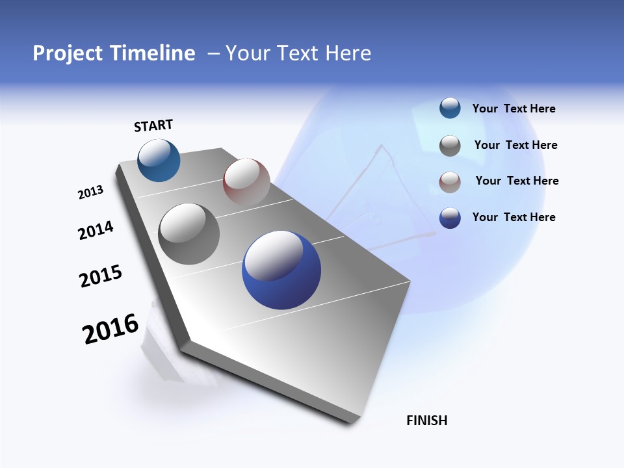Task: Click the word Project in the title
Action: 68,53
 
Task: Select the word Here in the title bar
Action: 348,53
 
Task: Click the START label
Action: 153,125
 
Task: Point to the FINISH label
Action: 427,421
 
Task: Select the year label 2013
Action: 90,192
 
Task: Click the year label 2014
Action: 96,231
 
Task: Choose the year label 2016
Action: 110,330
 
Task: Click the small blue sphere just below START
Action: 159,161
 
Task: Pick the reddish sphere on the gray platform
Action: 246,181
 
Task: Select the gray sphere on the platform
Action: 189,234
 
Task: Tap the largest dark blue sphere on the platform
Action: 281,270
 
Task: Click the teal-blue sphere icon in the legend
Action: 450,109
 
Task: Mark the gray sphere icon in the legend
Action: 450,146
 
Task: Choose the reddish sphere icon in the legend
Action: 450,182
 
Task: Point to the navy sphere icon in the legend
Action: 450,218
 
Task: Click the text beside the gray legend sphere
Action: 515,145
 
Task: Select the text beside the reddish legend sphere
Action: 517,181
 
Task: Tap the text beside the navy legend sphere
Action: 513,217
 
